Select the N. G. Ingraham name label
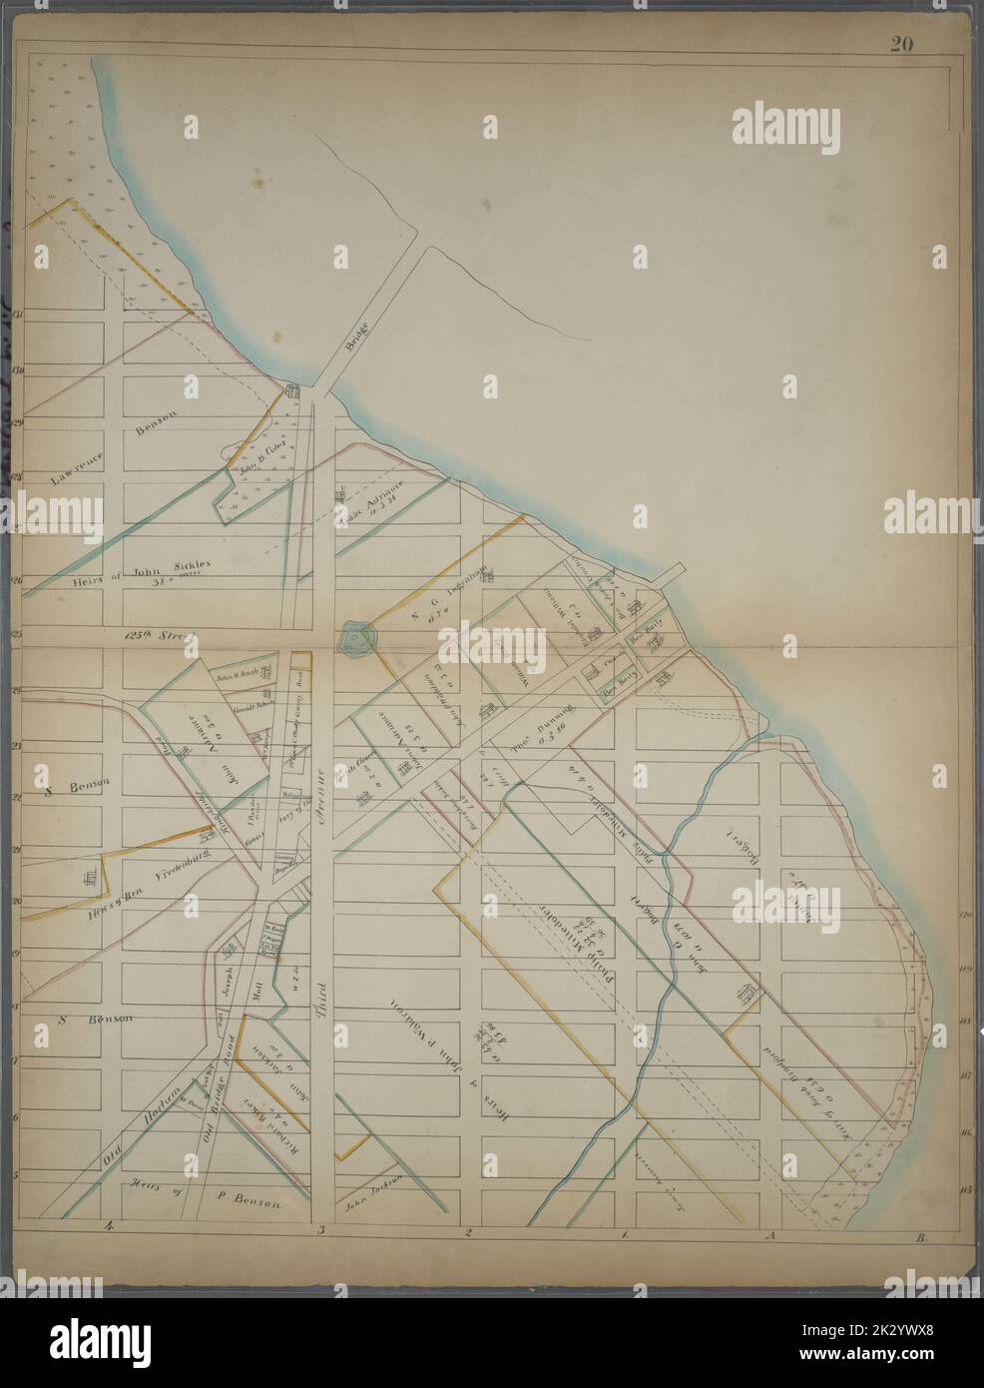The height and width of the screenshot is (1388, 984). pos(449,589)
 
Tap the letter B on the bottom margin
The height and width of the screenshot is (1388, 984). pos(915,1238)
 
